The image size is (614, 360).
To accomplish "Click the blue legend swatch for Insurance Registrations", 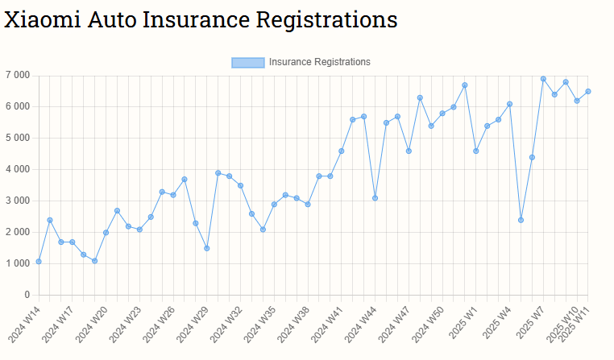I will pyautogui.click(x=247, y=62).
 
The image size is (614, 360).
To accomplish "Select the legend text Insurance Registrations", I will pyautogui.click(x=320, y=62).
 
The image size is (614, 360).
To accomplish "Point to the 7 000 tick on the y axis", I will pyautogui.click(x=17, y=75).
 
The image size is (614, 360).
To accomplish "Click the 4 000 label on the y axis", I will pyautogui.click(x=17, y=169).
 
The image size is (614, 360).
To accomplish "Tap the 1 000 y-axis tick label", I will pyautogui.click(x=17, y=263).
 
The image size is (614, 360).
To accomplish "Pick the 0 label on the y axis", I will pyautogui.click(x=27, y=295).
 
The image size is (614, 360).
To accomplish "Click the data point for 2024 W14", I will pyautogui.click(x=39, y=262).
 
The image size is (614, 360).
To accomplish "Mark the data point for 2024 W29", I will pyautogui.click(x=207, y=248).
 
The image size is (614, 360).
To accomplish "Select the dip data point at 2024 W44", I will pyautogui.click(x=375, y=198).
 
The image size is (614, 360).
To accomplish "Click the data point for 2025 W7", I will pyautogui.click(x=543, y=79).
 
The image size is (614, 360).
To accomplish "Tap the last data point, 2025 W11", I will pyautogui.click(x=588, y=91).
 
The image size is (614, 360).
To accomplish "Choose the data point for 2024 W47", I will pyautogui.click(x=409, y=151).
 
